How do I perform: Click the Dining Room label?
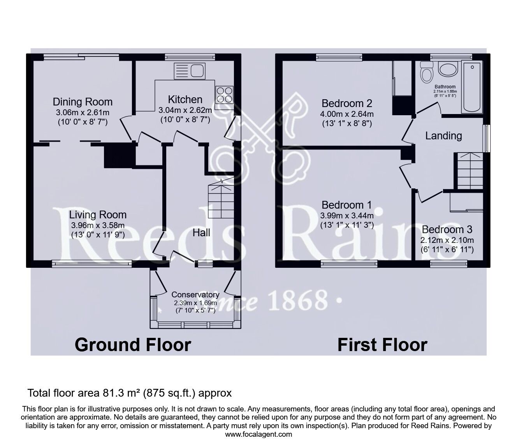[83, 102]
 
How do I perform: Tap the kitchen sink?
[190, 71]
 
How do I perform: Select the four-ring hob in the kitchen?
[224, 95]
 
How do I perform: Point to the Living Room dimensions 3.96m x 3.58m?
[98, 225]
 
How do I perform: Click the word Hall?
[201, 233]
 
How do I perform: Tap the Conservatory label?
[195, 294]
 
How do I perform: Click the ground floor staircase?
[221, 199]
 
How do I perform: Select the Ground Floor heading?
[133, 345]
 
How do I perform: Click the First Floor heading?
[383, 345]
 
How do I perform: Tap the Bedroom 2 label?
[347, 103]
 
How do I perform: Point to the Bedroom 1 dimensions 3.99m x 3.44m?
[347, 215]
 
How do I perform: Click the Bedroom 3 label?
[447, 229]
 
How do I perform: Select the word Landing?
[444, 136]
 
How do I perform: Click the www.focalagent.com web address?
[258, 434]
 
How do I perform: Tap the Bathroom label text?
[445, 86]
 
